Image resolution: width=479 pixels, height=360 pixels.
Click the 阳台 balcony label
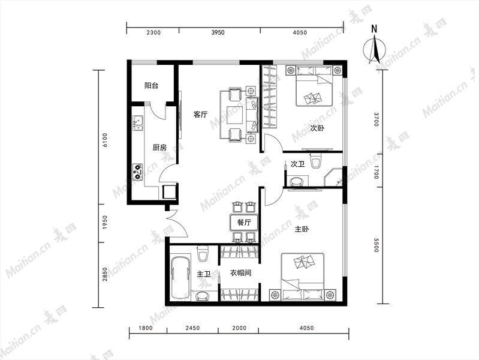tap(151, 85)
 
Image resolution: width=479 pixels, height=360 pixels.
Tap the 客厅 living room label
tap(200, 115)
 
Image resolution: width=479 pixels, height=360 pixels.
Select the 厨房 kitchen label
tap(159, 148)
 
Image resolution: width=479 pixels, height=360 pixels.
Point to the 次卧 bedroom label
tap(317, 128)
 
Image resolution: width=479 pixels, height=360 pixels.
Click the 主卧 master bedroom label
tap(302, 229)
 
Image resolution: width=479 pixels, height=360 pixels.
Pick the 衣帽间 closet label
tap(240, 272)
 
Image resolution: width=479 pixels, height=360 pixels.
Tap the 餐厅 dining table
tap(245, 223)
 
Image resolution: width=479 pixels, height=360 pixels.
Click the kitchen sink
tap(138, 123)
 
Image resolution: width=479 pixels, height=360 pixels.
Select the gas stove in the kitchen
tap(138, 172)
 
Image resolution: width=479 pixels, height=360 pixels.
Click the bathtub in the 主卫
tap(180, 278)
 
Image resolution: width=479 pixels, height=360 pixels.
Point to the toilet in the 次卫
tap(315, 160)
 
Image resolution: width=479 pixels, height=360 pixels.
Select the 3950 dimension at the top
tap(218, 33)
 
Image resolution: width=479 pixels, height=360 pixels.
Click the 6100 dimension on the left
tap(105, 140)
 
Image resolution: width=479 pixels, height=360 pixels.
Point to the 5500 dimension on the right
tap(376, 245)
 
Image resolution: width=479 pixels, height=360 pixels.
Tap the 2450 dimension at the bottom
tap(193, 328)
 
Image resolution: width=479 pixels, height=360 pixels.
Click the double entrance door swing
tap(176, 224)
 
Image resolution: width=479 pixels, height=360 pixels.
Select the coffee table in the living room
tap(234, 115)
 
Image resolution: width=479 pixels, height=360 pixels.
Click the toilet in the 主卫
tap(203, 254)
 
